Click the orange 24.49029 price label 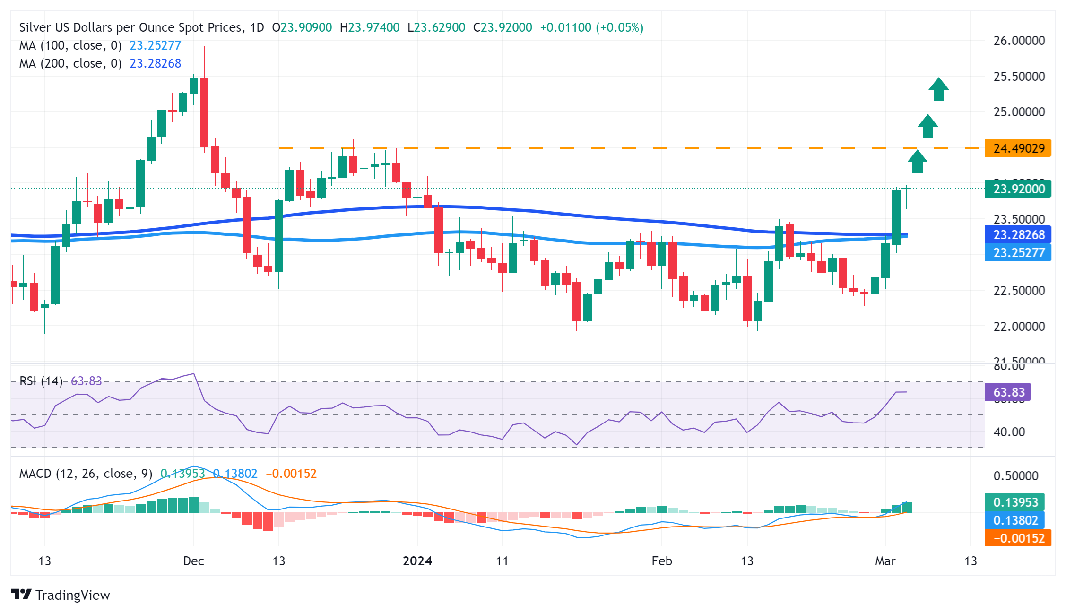tap(1018, 148)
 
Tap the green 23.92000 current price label tap(1018, 189)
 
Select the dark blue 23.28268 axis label tap(1018, 235)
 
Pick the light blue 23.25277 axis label tap(1018, 253)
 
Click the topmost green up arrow tap(938, 89)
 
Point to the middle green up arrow tap(928, 126)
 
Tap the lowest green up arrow tap(917, 162)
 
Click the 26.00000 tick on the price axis tap(1019, 41)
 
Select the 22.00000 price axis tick tap(1019, 327)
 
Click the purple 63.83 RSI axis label tap(1008, 392)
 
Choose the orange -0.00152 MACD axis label tap(1018, 538)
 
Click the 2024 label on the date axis tap(417, 561)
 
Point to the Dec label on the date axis tap(193, 561)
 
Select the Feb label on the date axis tap(661, 561)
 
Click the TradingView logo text tap(72, 595)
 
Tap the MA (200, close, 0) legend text tap(70, 63)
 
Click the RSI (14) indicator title tap(41, 381)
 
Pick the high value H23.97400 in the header tap(370, 27)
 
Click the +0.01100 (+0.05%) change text tap(591, 27)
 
